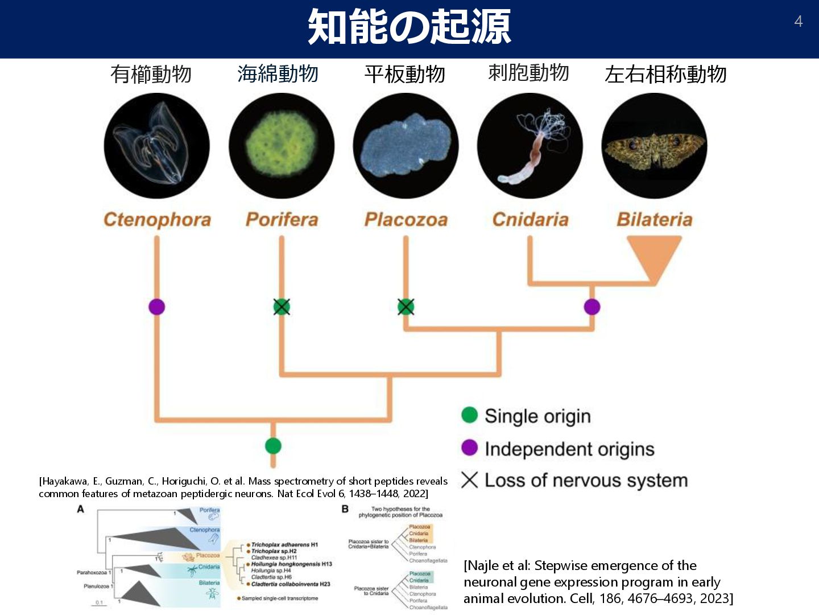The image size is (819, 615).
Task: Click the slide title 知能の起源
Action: pos(409,27)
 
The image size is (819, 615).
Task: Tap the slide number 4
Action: pos(799,22)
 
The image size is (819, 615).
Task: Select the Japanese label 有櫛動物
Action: pos(151,74)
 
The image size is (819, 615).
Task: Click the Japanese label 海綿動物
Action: pos(278,73)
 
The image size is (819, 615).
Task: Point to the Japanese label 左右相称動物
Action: pos(665,74)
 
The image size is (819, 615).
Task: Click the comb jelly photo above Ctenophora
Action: pos(156,146)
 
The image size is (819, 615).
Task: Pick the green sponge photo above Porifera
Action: pos(282,146)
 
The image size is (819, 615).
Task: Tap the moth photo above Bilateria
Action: pos(654,146)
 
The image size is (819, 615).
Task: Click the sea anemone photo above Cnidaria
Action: pos(530,146)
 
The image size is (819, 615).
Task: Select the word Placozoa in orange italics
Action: pos(406,219)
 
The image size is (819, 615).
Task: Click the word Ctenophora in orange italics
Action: pos(157,219)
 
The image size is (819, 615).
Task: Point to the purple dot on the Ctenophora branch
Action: pos(157,307)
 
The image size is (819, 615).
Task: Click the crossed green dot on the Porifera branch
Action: pos(282,307)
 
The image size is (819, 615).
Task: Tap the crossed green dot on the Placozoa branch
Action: pos(406,307)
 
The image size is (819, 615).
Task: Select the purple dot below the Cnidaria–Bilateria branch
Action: pos(592,307)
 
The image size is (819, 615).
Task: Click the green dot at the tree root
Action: pos(273,446)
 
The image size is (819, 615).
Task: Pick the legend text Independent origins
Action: pos(569,449)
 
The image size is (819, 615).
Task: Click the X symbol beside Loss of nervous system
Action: pos(469,480)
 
